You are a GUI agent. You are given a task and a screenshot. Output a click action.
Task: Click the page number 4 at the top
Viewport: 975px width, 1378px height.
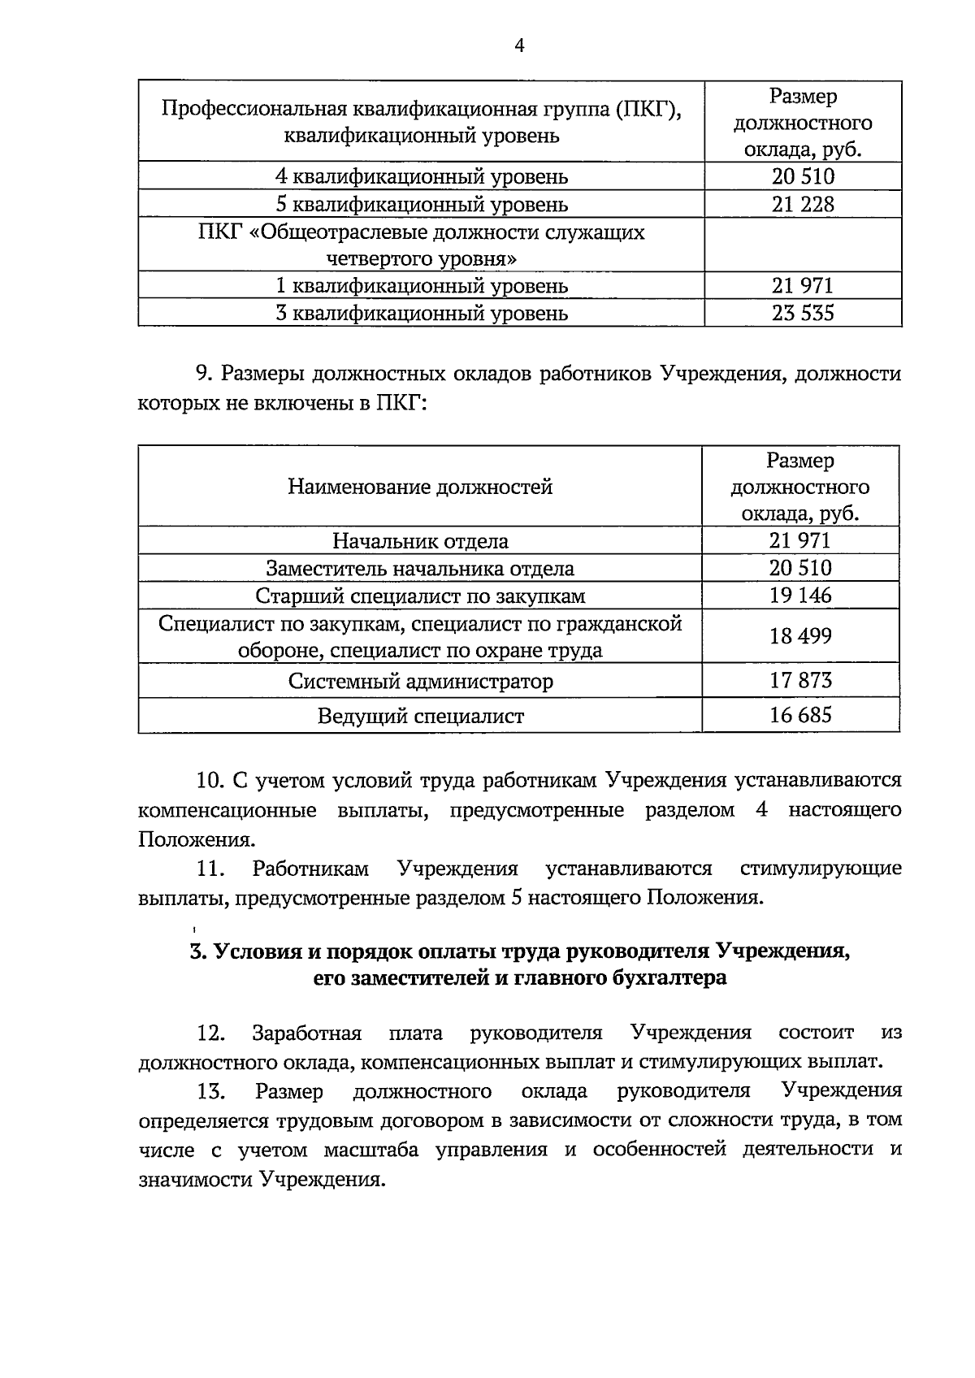520,46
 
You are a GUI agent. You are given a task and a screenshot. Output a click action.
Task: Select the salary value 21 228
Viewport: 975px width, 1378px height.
802,204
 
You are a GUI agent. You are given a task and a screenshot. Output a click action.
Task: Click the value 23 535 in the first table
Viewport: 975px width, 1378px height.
802,313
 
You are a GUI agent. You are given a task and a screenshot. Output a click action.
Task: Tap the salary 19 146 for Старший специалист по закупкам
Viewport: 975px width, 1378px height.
800,596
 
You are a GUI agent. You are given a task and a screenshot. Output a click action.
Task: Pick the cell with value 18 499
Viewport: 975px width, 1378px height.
800,636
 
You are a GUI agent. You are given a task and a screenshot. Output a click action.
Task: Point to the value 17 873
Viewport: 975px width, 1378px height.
800,680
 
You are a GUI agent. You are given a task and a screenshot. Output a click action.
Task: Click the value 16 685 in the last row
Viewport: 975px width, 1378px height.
800,715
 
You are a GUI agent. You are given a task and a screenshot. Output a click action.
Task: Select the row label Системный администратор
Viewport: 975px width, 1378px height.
420,681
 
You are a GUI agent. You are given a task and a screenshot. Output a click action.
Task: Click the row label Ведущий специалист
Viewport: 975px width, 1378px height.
420,716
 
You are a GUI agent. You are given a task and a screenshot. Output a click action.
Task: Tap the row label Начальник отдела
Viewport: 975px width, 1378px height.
420,541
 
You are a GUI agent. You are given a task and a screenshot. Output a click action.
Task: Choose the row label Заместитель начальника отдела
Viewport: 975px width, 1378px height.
420,569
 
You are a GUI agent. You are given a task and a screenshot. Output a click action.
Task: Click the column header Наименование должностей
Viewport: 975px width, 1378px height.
420,487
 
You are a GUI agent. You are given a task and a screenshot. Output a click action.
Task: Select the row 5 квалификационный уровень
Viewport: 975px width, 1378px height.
421,204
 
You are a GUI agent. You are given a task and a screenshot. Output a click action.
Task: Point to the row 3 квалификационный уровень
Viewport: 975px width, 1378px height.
421,313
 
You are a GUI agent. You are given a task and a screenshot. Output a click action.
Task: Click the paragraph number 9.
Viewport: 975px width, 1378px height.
203,374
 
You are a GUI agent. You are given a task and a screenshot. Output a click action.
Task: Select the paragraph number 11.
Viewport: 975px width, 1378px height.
210,869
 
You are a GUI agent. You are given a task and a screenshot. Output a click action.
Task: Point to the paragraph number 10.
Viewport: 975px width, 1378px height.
210,781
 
